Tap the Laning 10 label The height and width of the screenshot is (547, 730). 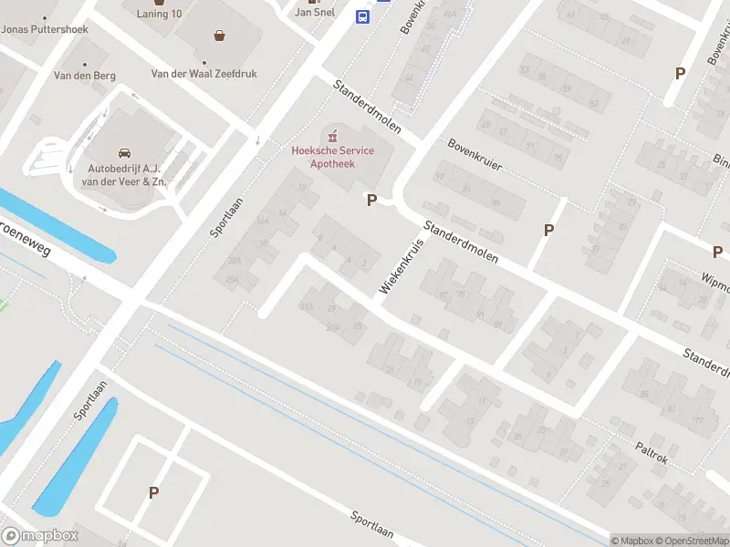pyautogui.click(x=160, y=14)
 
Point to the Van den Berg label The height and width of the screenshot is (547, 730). pyautogui.click(x=85, y=76)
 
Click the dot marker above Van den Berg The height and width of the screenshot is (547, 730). pyautogui.click(x=85, y=64)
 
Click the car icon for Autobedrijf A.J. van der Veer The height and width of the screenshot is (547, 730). pyautogui.click(x=123, y=152)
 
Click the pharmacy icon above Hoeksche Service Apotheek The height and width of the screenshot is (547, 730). pyautogui.click(x=332, y=135)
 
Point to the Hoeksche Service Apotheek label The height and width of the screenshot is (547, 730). pyautogui.click(x=332, y=157)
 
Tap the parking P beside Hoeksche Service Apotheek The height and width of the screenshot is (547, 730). pyautogui.click(x=371, y=200)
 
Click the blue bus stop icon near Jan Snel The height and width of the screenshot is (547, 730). pyautogui.click(x=362, y=16)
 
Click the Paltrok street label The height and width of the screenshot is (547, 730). pyautogui.click(x=652, y=453)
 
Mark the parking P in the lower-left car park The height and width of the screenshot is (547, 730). pyautogui.click(x=153, y=492)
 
